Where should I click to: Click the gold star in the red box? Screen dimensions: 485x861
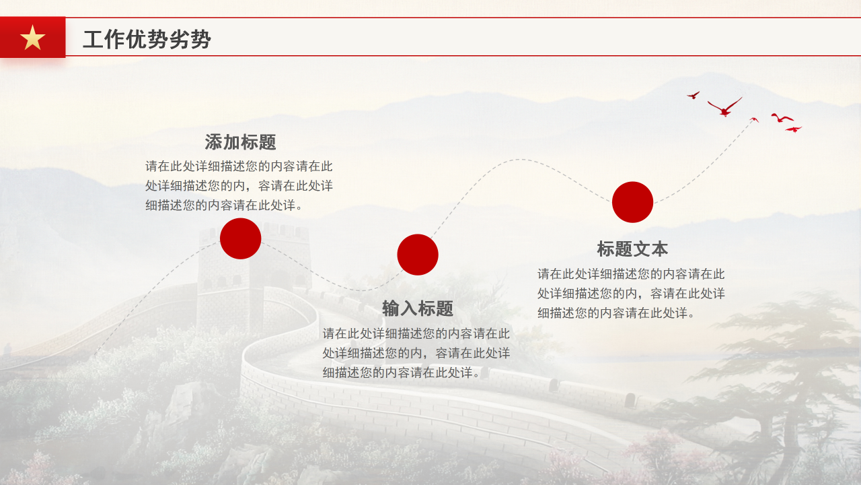(32, 38)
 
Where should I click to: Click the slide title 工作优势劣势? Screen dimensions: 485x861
(147, 40)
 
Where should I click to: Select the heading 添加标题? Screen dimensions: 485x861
(240, 143)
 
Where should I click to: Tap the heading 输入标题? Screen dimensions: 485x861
(418, 309)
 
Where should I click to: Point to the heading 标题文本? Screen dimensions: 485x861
(632, 249)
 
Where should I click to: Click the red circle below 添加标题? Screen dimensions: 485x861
(240, 238)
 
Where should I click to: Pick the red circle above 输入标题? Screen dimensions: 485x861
(418, 255)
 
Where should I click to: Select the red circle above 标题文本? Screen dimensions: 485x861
(632, 202)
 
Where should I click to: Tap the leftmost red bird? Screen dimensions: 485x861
(693, 96)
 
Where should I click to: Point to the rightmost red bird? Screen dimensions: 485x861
(794, 129)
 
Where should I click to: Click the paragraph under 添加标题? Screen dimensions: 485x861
(239, 186)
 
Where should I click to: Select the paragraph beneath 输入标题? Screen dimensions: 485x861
(416, 353)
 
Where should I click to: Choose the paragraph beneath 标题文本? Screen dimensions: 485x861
(631, 294)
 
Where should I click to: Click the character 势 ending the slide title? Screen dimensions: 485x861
(201, 40)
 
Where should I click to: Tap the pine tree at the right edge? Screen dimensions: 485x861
(794, 377)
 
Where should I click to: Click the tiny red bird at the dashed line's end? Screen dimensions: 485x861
(754, 120)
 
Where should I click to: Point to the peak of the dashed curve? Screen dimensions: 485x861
(520, 160)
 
